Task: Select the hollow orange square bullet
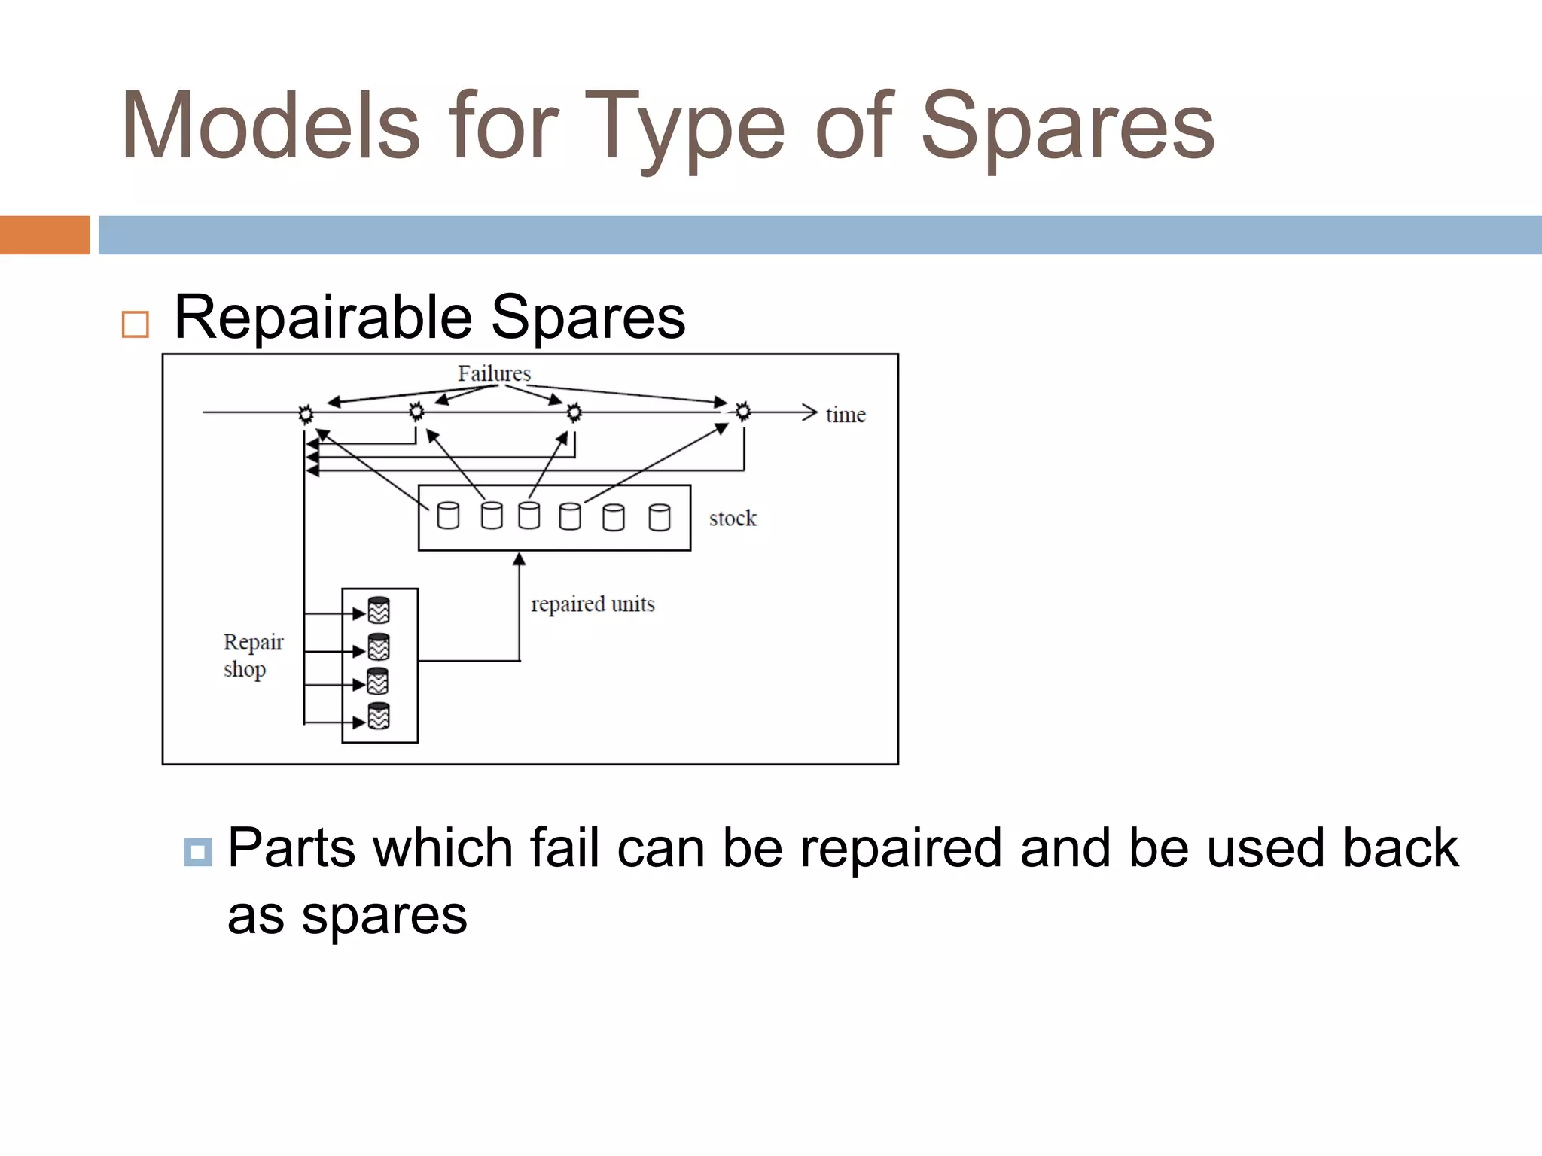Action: [136, 324]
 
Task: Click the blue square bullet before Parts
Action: [197, 852]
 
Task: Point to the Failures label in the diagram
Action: [494, 373]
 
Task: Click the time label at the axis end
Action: [846, 415]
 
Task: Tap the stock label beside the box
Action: [733, 518]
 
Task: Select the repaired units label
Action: [593, 604]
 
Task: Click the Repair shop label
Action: [252, 655]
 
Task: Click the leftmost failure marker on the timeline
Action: [306, 414]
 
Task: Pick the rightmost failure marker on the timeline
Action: [743, 412]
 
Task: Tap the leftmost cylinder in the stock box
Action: [448, 516]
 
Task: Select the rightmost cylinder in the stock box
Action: [660, 517]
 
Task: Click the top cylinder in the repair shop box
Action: [379, 610]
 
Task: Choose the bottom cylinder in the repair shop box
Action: [379, 716]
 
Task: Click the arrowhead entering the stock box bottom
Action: [519, 558]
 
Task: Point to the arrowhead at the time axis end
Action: [810, 412]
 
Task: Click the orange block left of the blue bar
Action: [44, 235]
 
